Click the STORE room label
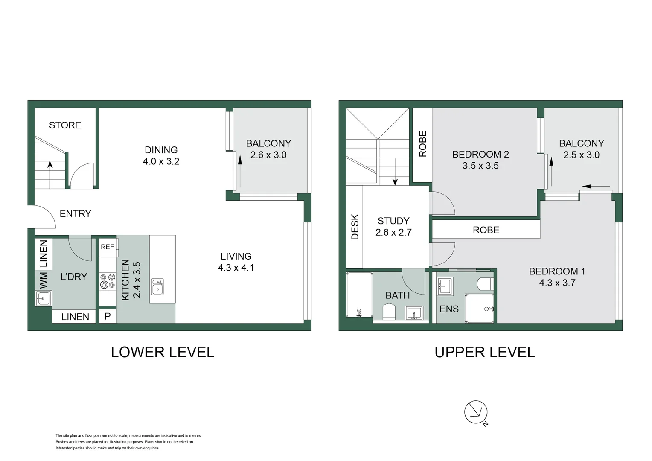pos(65,125)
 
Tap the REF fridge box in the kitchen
pos(108,247)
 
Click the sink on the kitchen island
pos(157,286)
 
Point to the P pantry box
pos(108,316)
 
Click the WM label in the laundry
pos(43,280)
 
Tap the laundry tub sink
pos(43,298)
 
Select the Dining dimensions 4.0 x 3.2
pos(161,162)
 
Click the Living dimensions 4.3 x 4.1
pos(236,268)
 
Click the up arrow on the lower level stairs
pos(50,166)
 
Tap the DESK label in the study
pos(355,227)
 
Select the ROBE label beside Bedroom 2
pos(422,144)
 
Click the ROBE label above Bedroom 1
pos(486,230)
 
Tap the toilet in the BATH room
pos(389,311)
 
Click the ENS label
pos(449,309)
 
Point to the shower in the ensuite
pos(480,308)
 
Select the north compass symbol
pos(476,412)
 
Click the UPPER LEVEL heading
pos(484,352)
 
